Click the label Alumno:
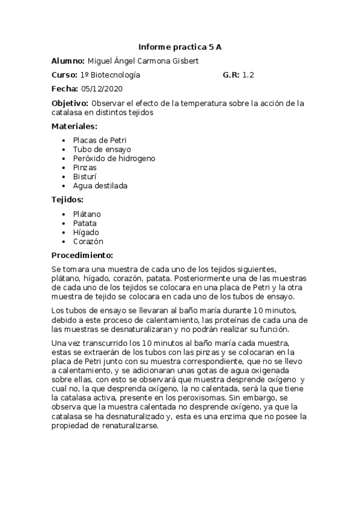point(68,61)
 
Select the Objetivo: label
point(70,103)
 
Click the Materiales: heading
point(74,126)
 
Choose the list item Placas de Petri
point(100,140)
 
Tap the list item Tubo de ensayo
point(102,149)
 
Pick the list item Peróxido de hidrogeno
point(114,158)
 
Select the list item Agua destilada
point(100,186)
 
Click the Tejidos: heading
point(67,200)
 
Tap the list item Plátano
point(87,214)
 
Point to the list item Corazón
point(88,241)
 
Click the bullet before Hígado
point(64,233)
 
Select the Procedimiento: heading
point(82,255)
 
